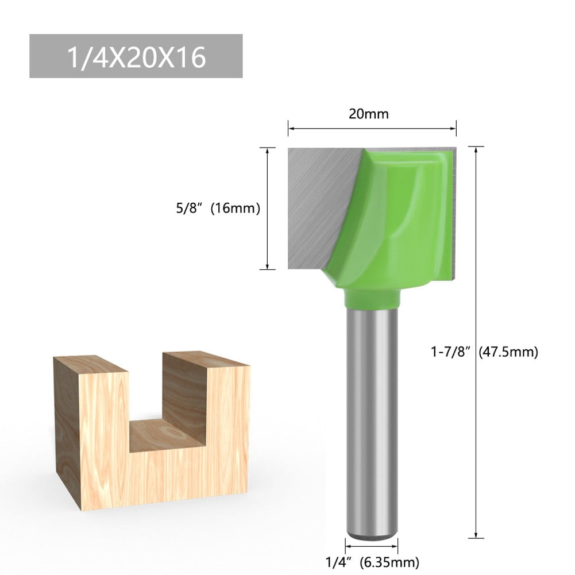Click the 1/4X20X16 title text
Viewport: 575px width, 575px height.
click(136, 57)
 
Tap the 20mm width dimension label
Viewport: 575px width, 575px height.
click(368, 114)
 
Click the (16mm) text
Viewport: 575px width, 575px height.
click(236, 209)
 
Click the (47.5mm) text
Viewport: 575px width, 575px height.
click(508, 352)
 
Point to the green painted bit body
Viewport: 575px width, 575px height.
click(402, 218)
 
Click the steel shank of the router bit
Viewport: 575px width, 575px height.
click(372, 414)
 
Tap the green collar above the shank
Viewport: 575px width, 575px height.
click(372, 299)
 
